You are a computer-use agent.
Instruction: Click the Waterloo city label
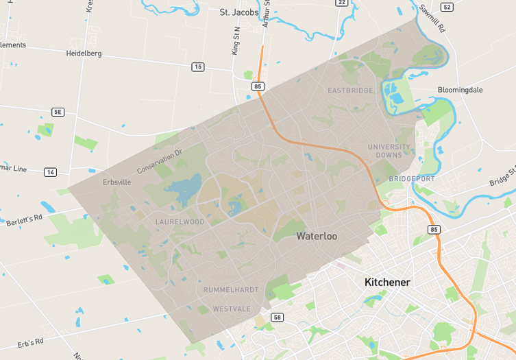pyautogui.click(x=317, y=236)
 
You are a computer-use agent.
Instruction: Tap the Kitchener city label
pyautogui.click(x=387, y=282)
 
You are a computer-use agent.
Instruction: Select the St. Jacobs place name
pyautogui.click(x=238, y=12)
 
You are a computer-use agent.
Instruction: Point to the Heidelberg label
pyautogui.click(x=84, y=53)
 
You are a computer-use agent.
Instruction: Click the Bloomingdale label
pyautogui.click(x=461, y=90)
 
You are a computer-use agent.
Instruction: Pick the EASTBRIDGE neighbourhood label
pyautogui.click(x=350, y=91)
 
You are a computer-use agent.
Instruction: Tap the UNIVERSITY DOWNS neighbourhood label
pyautogui.click(x=389, y=151)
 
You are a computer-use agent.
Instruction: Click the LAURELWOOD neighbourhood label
pyautogui.click(x=180, y=221)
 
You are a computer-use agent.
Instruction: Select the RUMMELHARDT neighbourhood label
pyautogui.click(x=231, y=290)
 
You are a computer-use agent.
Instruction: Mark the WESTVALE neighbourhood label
pyautogui.click(x=232, y=309)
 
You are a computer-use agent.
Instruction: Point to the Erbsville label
pyautogui.click(x=116, y=182)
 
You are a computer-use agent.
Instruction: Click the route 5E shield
pyautogui.click(x=58, y=112)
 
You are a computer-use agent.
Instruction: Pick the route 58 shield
pyautogui.click(x=277, y=317)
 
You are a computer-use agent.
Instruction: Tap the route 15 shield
pyautogui.click(x=198, y=67)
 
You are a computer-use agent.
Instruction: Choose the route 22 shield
pyautogui.click(x=341, y=3)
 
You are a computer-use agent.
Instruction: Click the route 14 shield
pyautogui.click(x=50, y=171)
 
